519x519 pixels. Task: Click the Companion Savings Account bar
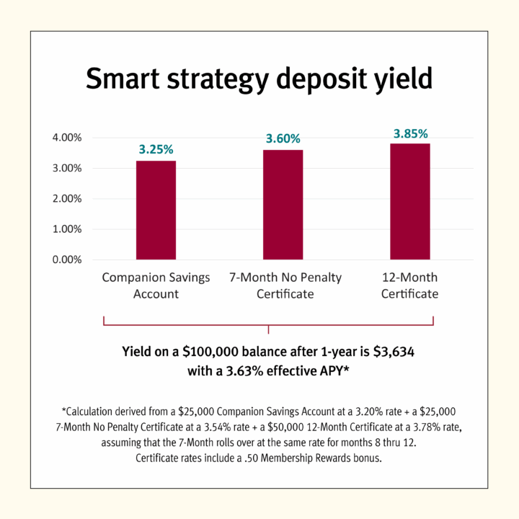[156, 210]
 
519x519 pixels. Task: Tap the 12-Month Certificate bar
[410, 201]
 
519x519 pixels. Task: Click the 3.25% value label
[156, 150]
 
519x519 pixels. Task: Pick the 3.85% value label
[410, 133]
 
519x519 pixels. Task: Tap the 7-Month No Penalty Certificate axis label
[285, 285]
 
